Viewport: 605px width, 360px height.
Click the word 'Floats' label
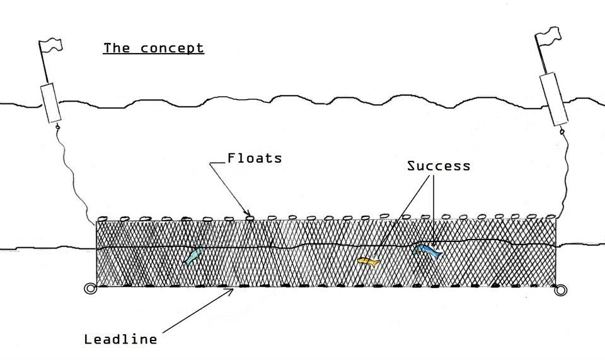pyautogui.click(x=255, y=158)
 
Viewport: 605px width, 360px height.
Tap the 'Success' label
pyautogui.click(x=439, y=166)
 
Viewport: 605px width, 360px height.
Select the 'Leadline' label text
pyautogui.click(x=120, y=339)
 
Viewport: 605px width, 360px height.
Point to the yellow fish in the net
pyautogui.click(x=367, y=261)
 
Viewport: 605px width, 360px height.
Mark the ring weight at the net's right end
pyautogui.click(x=560, y=290)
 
